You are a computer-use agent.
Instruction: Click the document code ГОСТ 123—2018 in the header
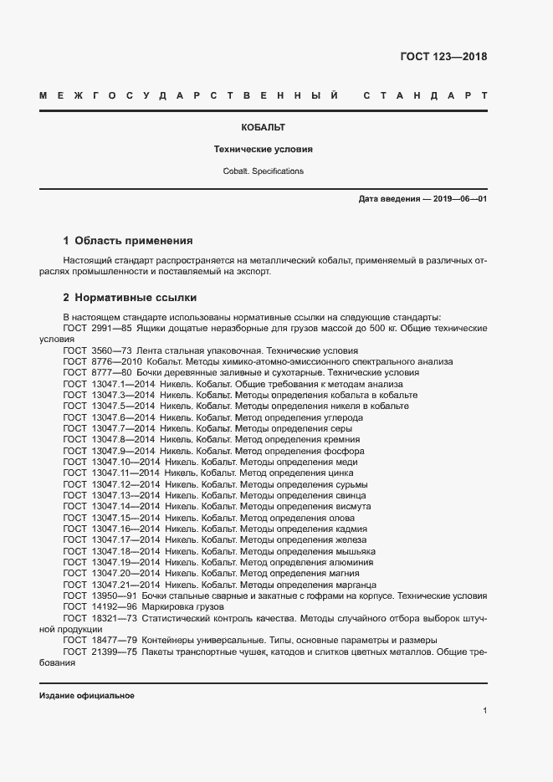[443, 57]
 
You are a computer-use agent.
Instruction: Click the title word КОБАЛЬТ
[264, 128]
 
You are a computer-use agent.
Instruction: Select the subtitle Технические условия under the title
[264, 150]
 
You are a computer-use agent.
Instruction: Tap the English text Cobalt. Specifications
[264, 171]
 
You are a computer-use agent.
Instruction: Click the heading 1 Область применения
[128, 240]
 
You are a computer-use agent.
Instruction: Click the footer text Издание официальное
[87, 696]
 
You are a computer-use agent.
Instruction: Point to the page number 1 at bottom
[484, 711]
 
